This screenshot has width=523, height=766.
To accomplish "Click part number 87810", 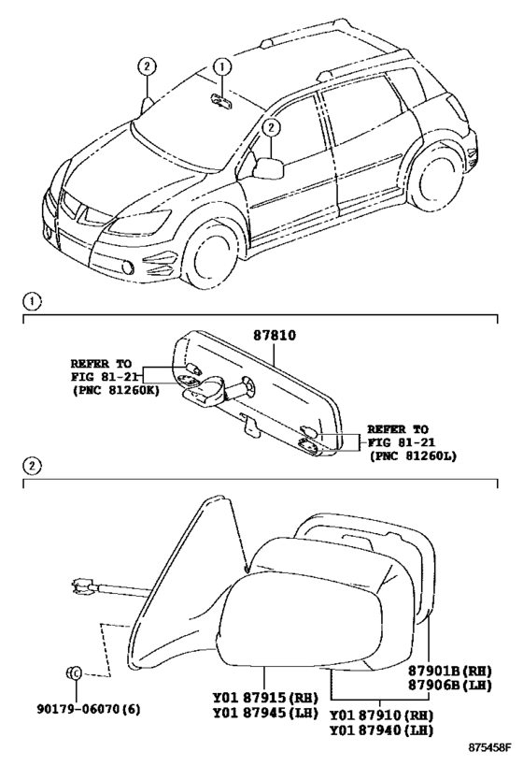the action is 275,336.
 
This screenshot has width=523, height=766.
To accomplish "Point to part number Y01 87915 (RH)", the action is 265,698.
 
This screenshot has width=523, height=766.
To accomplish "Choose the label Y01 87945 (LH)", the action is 265,713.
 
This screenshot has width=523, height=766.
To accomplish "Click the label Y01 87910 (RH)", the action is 381,715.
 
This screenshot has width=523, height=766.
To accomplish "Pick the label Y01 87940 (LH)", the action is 381,730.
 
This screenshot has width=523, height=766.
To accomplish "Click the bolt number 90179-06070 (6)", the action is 89,709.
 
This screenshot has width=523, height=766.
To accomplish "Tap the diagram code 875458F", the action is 489,747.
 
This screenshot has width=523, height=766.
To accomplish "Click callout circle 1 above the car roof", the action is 221,66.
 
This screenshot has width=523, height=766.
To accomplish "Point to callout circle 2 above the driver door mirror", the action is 271,128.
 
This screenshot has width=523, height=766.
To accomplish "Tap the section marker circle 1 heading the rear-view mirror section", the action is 32,302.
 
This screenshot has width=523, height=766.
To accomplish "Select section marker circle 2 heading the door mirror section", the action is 32,466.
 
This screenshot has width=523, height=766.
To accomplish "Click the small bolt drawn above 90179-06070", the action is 74,672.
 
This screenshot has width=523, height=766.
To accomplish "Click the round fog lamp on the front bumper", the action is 128,267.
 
